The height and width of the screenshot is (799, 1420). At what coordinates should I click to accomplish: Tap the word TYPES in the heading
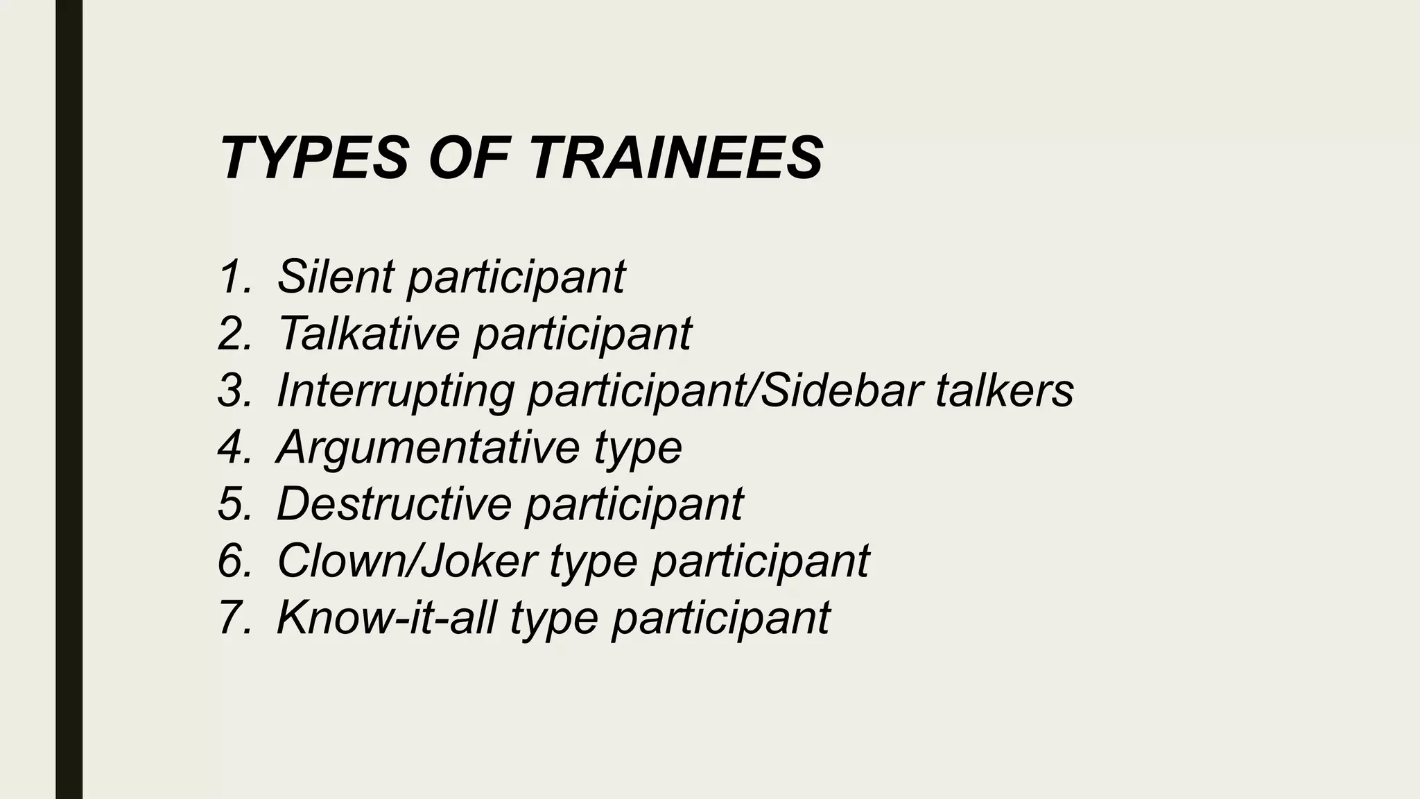[x=314, y=158]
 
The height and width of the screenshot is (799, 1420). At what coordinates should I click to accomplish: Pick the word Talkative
[x=368, y=333]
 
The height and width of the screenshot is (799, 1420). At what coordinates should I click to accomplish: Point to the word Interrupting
[x=395, y=390]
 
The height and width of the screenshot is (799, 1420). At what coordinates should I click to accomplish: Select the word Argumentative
[x=427, y=447]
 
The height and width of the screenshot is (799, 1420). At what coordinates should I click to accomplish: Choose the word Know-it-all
[x=386, y=617]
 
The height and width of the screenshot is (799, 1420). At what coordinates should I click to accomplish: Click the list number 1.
[x=233, y=276]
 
